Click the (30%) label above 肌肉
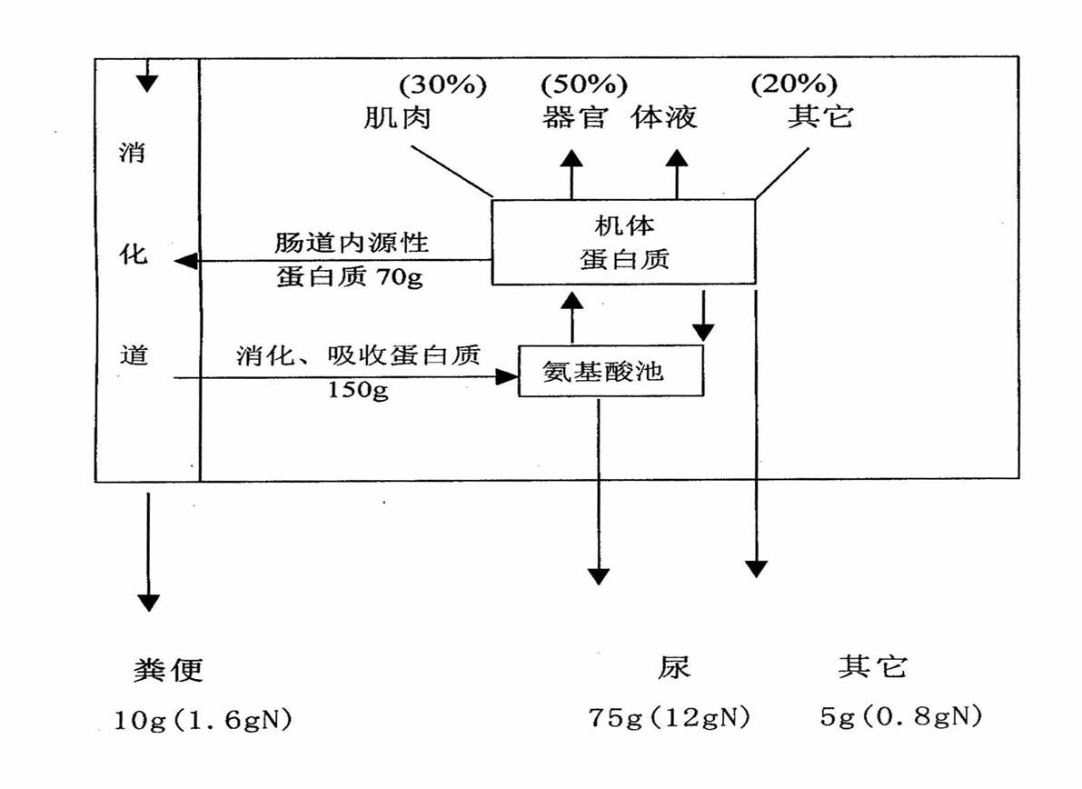[442, 85]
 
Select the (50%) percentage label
[584, 85]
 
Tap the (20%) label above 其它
[793, 85]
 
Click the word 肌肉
[396, 118]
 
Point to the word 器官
[574, 118]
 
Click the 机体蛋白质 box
[623, 241]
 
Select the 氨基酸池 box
[610, 370]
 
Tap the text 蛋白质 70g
[350, 277]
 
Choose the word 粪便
[169, 671]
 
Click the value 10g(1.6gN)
[203, 722]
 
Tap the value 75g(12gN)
[670, 718]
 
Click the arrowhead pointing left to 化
[185, 261]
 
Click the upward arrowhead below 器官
[571, 158]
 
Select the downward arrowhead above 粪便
[148, 602]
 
